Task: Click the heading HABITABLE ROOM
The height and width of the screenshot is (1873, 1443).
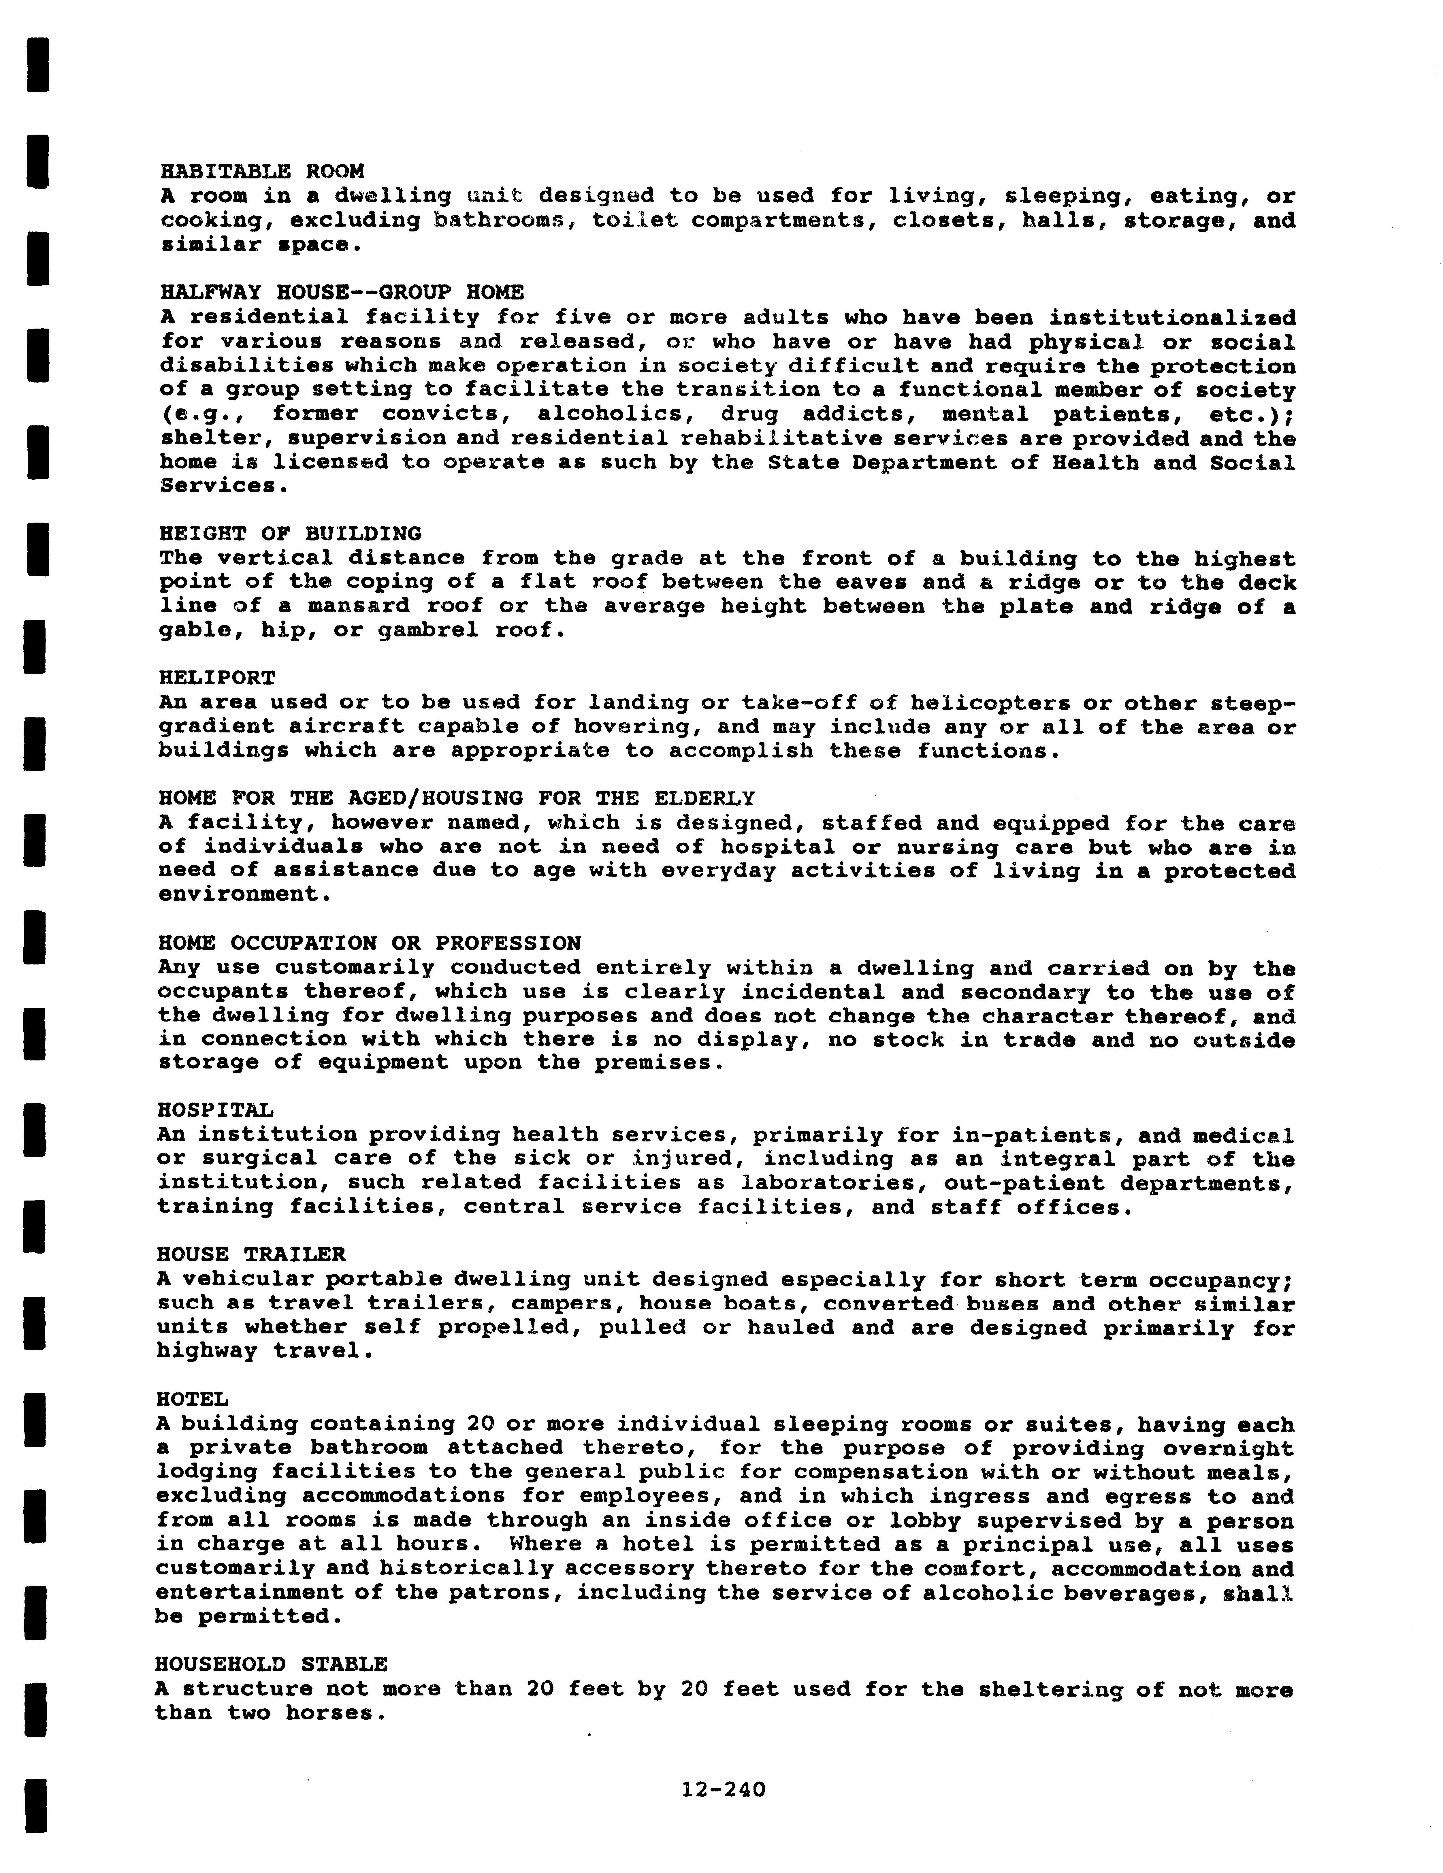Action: [x=261, y=172]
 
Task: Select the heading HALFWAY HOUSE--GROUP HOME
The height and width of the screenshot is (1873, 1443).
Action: [x=341, y=293]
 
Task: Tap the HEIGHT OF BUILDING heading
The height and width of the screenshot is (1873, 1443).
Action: [x=290, y=534]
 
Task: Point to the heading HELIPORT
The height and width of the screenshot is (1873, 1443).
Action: [x=217, y=677]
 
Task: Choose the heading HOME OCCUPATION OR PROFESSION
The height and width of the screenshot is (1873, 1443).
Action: [x=370, y=943]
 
